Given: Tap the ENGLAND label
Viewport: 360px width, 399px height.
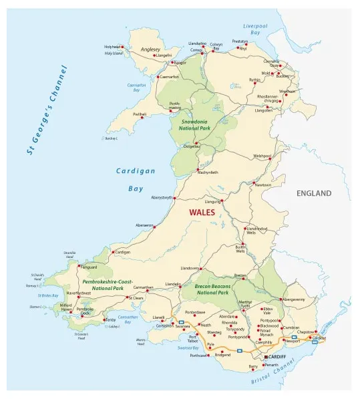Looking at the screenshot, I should (313, 193).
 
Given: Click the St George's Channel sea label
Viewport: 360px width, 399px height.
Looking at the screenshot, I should (46, 110).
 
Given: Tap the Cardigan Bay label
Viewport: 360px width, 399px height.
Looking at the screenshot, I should (135, 179).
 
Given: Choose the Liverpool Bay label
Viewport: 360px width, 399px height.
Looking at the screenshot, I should (251, 29).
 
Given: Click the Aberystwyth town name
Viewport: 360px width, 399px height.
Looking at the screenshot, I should (162, 198).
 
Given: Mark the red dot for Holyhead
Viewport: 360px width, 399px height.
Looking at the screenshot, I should (122, 47).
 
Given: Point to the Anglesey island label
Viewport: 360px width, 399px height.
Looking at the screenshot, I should (150, 49).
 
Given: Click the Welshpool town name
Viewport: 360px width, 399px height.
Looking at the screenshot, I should (262, 156).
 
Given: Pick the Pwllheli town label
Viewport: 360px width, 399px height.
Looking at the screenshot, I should (139, 114).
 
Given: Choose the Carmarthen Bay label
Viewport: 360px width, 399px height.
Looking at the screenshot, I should (127, 319).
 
